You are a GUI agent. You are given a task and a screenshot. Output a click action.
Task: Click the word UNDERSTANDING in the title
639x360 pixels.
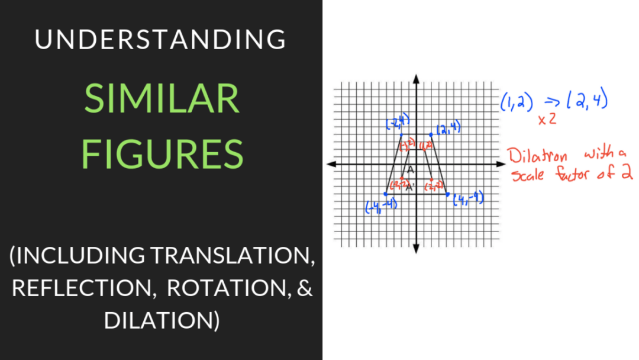coord(160,40)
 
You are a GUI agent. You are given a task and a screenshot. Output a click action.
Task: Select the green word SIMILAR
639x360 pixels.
coord(162,99)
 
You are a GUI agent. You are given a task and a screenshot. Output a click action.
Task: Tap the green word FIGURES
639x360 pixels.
coord(162,154)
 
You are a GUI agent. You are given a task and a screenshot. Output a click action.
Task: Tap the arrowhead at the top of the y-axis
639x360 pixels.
coord(417,78)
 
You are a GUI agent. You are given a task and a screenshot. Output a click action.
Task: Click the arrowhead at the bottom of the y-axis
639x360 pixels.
coord(417,249)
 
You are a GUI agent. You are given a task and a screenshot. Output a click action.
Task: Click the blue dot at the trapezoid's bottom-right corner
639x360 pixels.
coord(447,194)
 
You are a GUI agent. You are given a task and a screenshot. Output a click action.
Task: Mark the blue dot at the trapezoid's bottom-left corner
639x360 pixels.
coord(386,194)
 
